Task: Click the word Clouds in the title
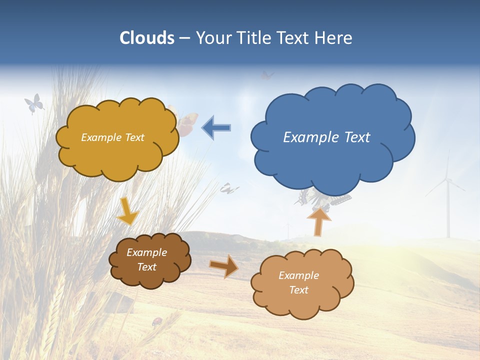(146, 38)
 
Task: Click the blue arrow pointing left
(216, 127)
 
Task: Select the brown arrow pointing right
(223, 266)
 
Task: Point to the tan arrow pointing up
(318, 221)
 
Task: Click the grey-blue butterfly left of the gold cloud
(34, 103)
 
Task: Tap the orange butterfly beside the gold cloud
(186, 122)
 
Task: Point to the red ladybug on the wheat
(156, 320)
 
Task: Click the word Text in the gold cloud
(133, 137)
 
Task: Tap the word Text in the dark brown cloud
(146, 267)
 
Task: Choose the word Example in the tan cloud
(298, 275)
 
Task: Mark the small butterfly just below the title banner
(267, 75)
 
